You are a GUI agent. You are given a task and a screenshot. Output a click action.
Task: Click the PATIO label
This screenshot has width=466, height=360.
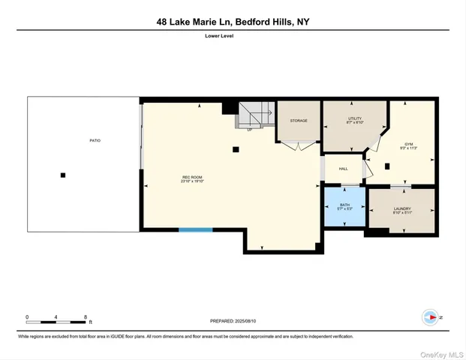(x=95, y=140)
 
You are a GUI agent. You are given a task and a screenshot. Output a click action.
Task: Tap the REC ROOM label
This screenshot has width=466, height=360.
(x=192, y=177)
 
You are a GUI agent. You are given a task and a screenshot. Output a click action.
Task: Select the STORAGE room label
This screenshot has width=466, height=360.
(x=299, y=121)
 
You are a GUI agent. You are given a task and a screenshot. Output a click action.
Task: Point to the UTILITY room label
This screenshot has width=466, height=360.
(x=355, y=118)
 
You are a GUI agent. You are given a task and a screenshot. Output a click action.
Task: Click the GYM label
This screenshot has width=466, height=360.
(x=409, y=144)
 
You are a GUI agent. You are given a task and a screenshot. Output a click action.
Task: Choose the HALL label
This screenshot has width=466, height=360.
(x=343, y=169)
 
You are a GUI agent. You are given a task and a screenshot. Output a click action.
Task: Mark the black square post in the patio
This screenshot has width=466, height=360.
(x=63, y=175)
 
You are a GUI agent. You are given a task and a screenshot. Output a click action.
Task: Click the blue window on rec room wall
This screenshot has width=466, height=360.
(x=195, y=229)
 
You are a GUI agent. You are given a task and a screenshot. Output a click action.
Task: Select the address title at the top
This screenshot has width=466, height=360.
(x=233, y=22)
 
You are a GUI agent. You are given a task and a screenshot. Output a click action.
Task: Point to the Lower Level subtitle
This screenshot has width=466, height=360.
(x=233, y=36)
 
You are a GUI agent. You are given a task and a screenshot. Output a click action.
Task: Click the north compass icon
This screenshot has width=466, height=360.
(x=431, y=317)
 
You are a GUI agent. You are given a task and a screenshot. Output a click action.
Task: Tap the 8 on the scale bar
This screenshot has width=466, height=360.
(x=86, y=317)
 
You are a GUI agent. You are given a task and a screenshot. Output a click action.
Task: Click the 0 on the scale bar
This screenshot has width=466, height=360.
(x=27, y=317)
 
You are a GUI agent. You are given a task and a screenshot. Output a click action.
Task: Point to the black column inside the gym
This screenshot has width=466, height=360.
(x=387, y=166)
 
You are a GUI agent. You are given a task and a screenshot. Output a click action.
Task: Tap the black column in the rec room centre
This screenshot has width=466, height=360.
(x=236, y=149)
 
